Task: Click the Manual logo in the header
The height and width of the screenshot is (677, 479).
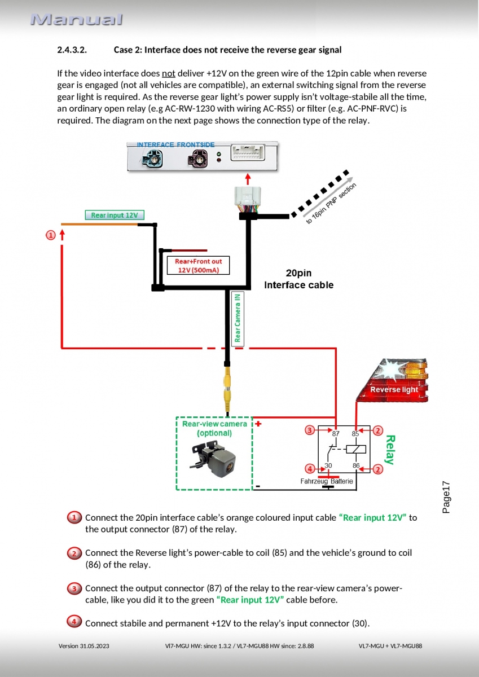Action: [76, 20]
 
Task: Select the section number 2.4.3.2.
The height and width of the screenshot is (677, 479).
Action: [72, 50]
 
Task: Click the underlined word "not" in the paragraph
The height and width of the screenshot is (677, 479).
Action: [169, 73]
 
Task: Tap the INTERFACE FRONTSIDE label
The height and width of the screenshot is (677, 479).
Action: [175, 145]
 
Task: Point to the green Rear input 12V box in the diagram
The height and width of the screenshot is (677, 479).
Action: [115, 215]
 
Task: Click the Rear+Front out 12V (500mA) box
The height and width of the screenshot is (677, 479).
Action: [199, 266]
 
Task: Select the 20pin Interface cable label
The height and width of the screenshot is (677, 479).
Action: [298, 279]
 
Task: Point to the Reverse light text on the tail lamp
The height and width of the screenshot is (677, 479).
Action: [394, 390]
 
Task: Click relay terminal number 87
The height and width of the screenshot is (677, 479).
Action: [336, 434]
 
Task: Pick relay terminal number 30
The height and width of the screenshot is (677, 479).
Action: [328, 466]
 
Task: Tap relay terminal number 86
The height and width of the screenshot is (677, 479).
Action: [356, 466]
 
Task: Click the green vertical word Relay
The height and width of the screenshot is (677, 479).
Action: [389, 450]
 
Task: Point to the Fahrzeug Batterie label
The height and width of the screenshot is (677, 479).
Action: [327, 481]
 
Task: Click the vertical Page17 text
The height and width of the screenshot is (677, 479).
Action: [446, 497]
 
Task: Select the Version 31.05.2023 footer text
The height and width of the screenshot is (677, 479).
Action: [84, 646]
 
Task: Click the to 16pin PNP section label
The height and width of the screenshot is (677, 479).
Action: [331, 203]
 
